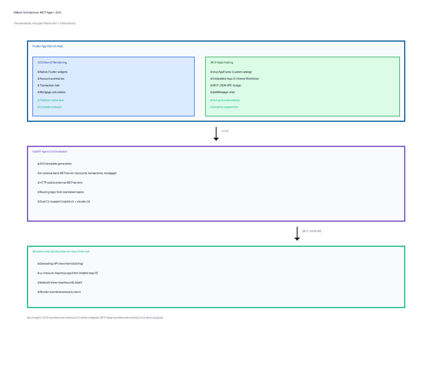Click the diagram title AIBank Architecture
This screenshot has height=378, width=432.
37,12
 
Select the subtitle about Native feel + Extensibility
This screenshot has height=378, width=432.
45,23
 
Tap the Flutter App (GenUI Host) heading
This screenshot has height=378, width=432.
48,46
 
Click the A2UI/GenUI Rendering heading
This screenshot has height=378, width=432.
52,62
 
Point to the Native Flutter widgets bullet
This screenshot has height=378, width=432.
53,72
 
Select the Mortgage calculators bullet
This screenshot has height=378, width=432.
52,92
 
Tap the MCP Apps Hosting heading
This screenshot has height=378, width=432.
222,62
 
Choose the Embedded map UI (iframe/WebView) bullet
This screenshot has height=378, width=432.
235,79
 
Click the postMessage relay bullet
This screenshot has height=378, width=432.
223,92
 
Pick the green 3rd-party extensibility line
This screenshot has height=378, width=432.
225,100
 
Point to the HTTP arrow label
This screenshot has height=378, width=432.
225,131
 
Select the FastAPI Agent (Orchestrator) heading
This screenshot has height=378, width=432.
50,151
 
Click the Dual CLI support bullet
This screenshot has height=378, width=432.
64,201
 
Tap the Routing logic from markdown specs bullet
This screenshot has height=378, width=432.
61,192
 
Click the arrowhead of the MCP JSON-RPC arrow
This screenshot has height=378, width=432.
297,239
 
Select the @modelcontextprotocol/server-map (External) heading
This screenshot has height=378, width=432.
61,251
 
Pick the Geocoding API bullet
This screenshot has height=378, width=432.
60,264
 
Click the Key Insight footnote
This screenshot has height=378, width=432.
95,318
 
